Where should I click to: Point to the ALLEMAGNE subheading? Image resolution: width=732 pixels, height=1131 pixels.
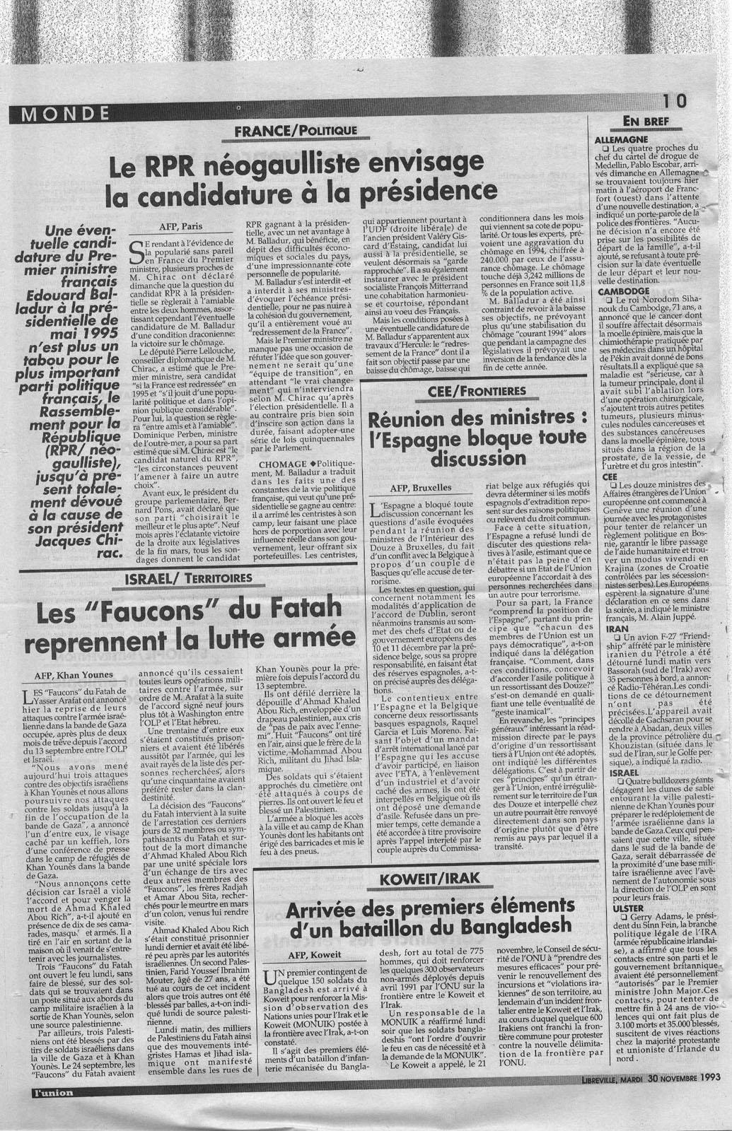[x=623, y=139]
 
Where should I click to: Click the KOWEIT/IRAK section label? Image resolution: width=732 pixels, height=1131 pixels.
[x=429, y=879]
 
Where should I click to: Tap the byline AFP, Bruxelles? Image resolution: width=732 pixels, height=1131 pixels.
[x=420, y=488]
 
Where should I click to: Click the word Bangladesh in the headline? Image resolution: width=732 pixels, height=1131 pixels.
[x=511, y=925]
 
